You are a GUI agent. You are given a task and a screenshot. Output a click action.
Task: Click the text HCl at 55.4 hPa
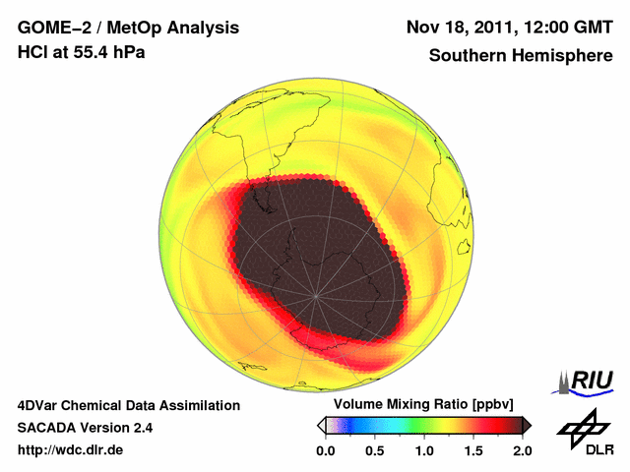click(82, 52)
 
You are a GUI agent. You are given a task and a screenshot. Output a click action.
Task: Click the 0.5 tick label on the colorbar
click(374, 450)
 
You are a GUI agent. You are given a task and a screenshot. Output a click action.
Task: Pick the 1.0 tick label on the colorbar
click(423, 450)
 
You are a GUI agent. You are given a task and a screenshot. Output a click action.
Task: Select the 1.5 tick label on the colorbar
click(472, 450)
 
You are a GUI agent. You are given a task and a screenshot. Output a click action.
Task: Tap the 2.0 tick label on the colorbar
click(522, 450)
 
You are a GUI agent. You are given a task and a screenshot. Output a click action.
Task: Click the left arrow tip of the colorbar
click(318, 425)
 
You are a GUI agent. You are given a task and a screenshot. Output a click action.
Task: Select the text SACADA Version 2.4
click(85, 428)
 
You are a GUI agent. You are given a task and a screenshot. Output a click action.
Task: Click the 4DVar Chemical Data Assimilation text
click(128, 405)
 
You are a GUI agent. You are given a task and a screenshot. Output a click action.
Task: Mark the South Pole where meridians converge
click(315, 295)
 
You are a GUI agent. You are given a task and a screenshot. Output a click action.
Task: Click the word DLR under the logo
click(587, 451)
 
